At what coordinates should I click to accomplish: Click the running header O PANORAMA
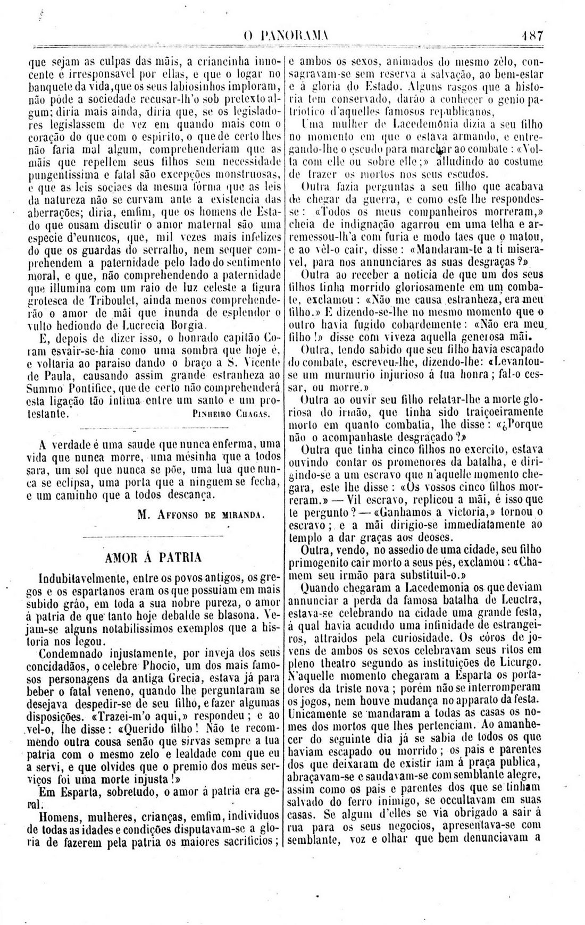point(287,38)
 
